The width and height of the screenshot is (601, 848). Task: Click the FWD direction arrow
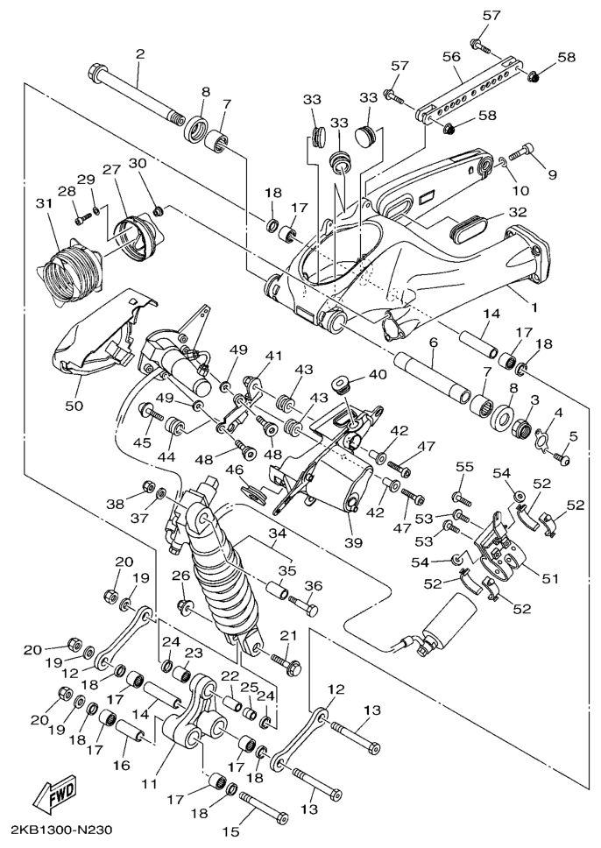point(54,796)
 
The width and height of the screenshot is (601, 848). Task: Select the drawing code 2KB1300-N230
point(61,829)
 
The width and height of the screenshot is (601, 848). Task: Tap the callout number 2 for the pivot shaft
point(139,54)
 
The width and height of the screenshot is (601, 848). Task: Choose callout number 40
point(377,374)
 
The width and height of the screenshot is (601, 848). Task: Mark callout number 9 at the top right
point(552,173)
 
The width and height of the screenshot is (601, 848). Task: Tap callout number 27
point(111,169)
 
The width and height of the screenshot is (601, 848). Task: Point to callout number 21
point(287,635)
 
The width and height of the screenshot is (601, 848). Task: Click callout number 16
point(121,764)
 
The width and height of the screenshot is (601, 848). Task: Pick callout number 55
point(463,467)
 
